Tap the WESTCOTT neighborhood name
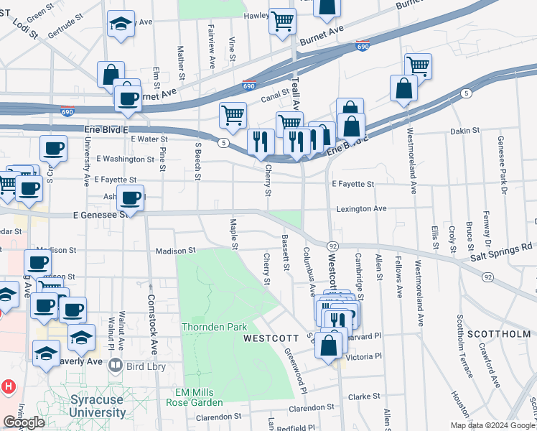click(x=270, y=338)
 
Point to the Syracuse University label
click(x=98, y=407)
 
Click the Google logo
click(x=24, y=422)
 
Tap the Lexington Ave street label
click(x=362, y=209)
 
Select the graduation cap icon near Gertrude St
click(x=121, y=23)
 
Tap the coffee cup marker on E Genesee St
click(x=130, y=198)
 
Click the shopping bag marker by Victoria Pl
click(x=329, y=344)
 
